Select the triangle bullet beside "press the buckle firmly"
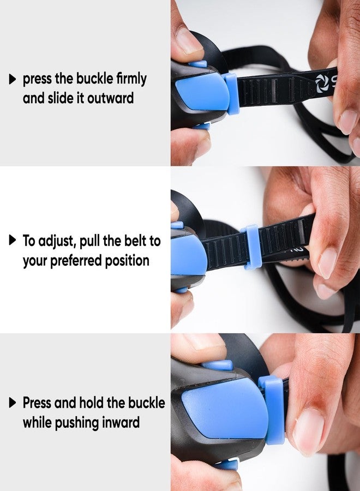tap(13, 79)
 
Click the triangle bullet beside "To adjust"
tap(13, 241)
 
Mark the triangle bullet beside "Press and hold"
tap(13, 403)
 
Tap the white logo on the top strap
tap(321, 83)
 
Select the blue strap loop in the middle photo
tap(251, 247)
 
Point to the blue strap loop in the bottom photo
tap(272, 410)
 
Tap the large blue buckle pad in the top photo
tap(203, 91)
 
